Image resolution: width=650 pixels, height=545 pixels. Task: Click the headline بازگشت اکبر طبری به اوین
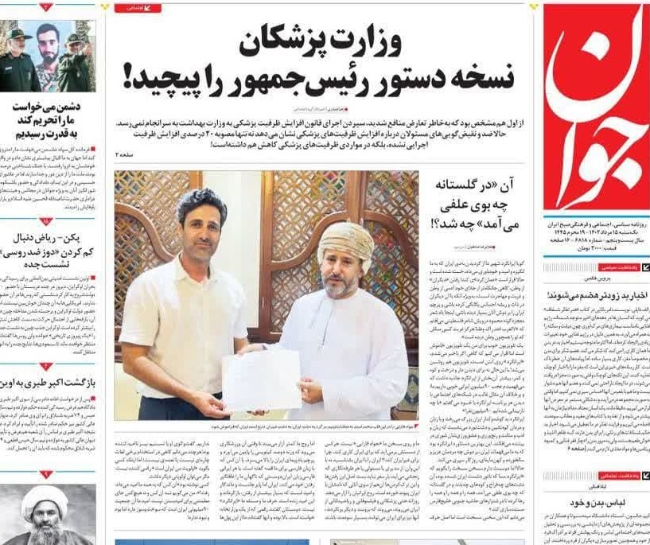tap(48, 381)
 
